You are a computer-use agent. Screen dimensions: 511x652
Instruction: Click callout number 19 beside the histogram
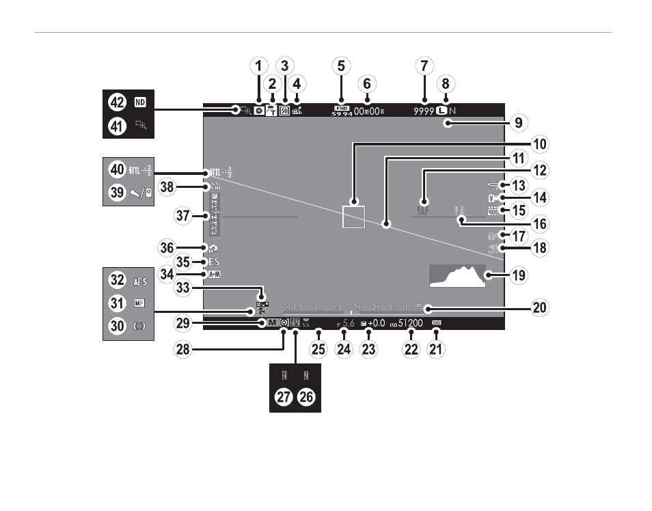coord(519,275)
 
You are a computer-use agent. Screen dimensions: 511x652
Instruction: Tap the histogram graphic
coord(457,275)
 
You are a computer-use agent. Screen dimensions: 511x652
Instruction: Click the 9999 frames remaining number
coord(424,110)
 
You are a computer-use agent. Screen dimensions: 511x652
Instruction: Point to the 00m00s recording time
coord(369,110)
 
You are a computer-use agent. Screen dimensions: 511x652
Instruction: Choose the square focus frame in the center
coord(355,215)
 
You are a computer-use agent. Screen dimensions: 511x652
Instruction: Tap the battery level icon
coord(437,323)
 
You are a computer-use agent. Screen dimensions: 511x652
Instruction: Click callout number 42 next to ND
coord(117,102)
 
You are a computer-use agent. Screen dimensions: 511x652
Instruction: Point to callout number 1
coord(258,66)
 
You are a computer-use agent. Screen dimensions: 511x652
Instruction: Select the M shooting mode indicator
coord(272,323)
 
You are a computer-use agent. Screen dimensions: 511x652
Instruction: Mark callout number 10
coord(540,144)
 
